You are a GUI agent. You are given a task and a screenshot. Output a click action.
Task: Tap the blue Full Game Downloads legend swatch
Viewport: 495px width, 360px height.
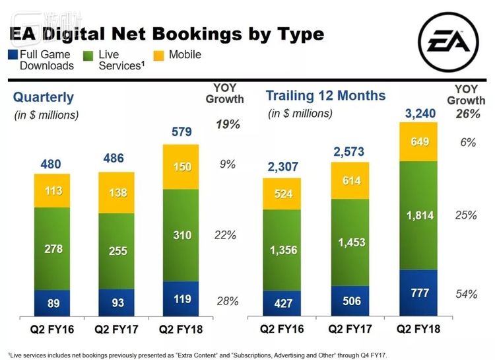pyautogui.click(x=13, y=55)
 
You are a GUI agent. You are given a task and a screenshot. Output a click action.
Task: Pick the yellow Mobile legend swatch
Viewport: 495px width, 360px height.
pyautogui.click(x=160, y=55)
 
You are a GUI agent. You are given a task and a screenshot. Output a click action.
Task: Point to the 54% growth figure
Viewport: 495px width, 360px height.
pyautogui.click(x=466, y=294)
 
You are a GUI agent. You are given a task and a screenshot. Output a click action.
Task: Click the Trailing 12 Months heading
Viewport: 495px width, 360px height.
pyautogui.click(x=325, y=95)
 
